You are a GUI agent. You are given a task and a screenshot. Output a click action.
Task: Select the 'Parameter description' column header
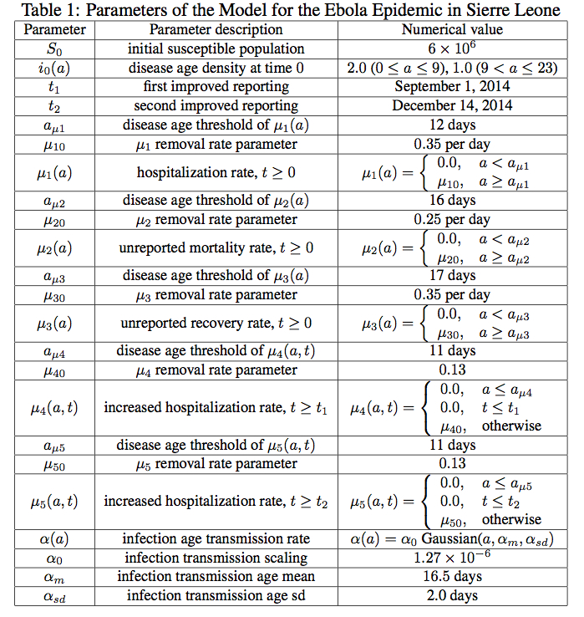(216, 29)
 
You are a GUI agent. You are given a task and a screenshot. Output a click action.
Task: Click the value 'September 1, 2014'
(451, 87)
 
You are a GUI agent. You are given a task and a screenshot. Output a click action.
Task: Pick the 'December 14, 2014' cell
(451, 106)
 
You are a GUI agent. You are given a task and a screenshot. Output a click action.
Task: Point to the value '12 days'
(451, 125)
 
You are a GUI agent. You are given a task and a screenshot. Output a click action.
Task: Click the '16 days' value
(451, 201)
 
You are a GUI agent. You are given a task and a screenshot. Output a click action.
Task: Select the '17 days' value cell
(451, 276)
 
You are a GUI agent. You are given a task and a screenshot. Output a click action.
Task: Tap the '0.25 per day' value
(451, 220)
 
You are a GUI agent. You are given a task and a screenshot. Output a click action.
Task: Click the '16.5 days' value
(451, 577)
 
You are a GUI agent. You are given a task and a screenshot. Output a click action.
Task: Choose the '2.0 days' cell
(451, 596)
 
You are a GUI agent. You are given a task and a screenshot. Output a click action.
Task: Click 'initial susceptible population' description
(216, 48)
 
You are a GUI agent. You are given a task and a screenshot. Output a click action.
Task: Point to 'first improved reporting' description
(216, 87)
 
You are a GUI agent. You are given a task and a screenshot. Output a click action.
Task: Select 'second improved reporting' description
(216, 106)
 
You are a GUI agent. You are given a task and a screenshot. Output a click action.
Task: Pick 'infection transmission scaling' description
(216, 558)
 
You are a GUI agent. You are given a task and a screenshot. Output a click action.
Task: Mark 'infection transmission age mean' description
(216, 577)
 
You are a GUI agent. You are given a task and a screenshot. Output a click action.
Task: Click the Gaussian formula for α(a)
(451, 539)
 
